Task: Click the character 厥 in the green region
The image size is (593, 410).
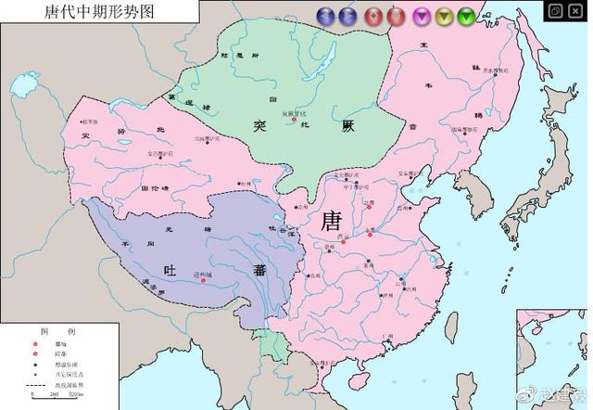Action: pyautogui.click(x=347, y=124)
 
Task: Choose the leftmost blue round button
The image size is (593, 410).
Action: pyautogui.click(x=325, y=15)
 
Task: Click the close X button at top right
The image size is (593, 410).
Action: pyautogui.click(x=577, y=10)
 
